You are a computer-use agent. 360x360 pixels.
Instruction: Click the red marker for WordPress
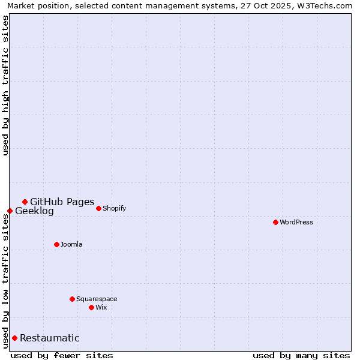[x=275, y=222]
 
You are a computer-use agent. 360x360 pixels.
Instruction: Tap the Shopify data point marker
[x=98, y=208]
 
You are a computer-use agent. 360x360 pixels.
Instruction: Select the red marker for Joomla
[x=56, y=244]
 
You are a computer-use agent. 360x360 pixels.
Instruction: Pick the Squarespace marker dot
[x=72, y=299]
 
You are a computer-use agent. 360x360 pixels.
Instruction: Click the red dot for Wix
[x=91, y=307]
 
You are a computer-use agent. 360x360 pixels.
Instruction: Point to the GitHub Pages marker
[x=25, y=202]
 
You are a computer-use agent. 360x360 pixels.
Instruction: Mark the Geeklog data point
[x=10, y=211]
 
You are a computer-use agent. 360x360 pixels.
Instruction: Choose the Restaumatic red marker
[x=14, y=338]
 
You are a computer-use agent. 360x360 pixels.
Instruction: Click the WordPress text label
[x=296, y=223]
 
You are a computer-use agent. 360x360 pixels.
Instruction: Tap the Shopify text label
[x=114, y=209]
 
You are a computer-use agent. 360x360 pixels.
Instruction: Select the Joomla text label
[x=71, y=245]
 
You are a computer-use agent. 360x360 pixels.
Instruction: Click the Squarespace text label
[x=97, y=299]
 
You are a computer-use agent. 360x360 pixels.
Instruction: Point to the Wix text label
[x=101, y=308]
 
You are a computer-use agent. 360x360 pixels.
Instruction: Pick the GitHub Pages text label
[x=62, y=202]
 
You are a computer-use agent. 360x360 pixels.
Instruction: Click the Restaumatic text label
[x=49, y=338]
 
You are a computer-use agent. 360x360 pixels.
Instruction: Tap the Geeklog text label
[x=34, y=211]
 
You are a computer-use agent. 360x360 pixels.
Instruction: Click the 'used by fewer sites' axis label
[x=62, y=355]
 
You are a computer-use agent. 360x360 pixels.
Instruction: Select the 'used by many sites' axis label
[x=301, y=355]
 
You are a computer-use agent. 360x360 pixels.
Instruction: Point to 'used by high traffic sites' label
[x=6, y=85]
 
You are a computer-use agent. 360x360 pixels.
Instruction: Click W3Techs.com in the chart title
[x=322, y=5]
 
